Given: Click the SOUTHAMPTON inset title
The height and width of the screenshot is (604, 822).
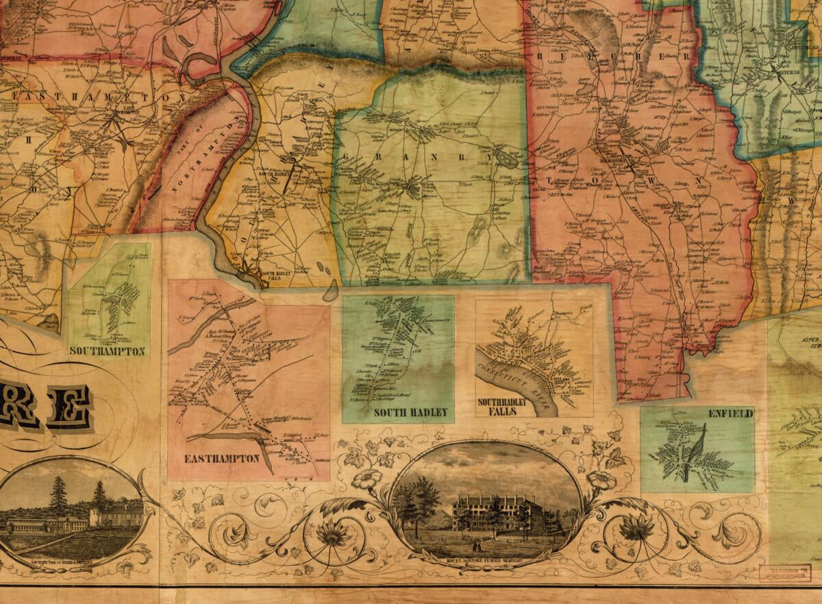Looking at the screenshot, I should (x=108, y=352).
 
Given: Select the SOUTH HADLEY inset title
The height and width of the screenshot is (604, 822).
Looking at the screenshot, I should (x=410, y=412).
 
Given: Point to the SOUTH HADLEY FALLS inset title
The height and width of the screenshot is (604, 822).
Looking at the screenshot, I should (x=503, y=406).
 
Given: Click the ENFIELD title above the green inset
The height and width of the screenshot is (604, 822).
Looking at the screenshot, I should (x=731, y=414).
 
